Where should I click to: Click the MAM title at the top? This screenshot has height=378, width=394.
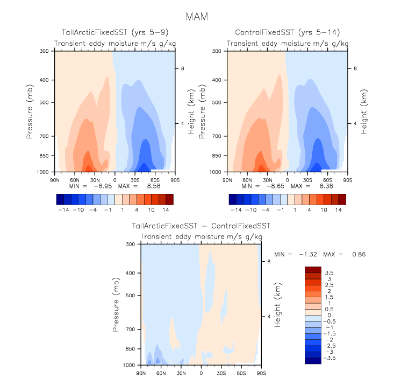click(x=196, y=17)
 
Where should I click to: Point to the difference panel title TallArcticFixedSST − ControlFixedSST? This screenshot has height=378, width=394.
click(x=201, y=227)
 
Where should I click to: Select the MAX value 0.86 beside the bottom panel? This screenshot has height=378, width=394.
click(x=359, y=254)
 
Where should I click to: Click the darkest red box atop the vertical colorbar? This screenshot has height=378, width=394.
click(x=312, y=270)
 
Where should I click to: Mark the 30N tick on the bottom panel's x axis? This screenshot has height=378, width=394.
click(x=181, y=373)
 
